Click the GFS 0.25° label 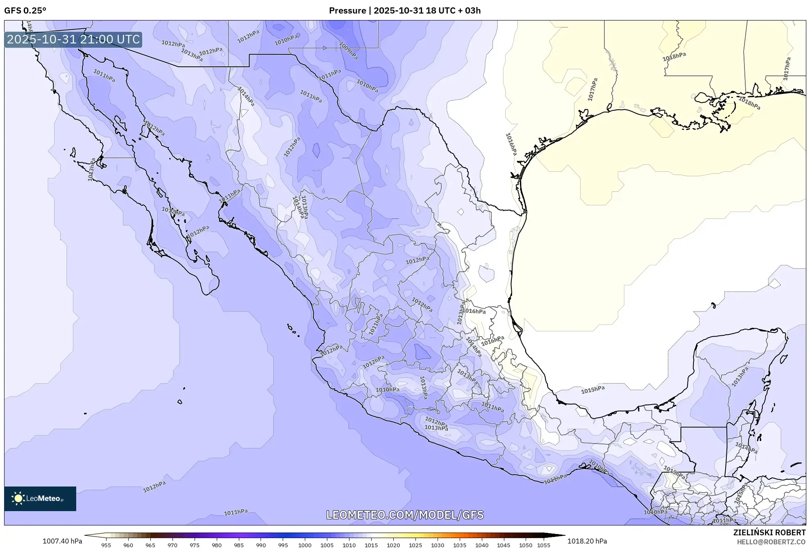click(x=25, y=11)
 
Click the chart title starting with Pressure click(x=404, y=11)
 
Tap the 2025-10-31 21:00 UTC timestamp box click(x=73, y=39)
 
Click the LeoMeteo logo click(x=40, y=498)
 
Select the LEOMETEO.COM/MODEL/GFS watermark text click(x=404, y=515)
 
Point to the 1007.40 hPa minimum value click(x=62, y=541)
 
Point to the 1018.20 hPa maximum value click(x=587, y=541)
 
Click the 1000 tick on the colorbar click(x=305, y=545)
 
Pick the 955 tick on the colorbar click(x=106, y=545)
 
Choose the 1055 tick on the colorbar click(x=543, y=545)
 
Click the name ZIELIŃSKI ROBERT click(x=769, y=532)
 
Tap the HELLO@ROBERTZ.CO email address click(x=771, y=542)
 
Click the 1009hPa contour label click(x=349, y=51)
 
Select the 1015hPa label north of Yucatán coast click(x=592, y=390)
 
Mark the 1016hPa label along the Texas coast click(x=511, y=144)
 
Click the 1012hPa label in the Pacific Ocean click(x=154, y=487)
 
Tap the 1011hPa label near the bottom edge click(x=236, y=512)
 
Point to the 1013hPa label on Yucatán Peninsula click(x=740, y=376)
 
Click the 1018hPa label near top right click(x=674, y=57)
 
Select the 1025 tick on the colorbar click(x=415, y=545)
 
